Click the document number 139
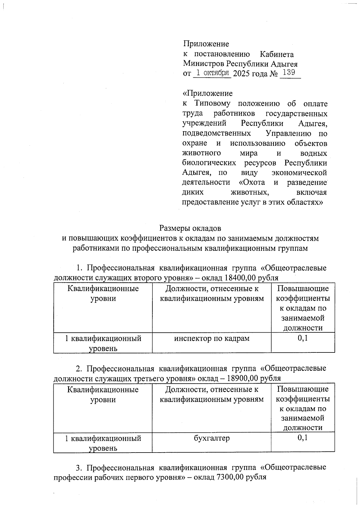pos(289,73)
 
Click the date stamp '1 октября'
pos(212,73)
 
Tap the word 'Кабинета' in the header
pos(277,54)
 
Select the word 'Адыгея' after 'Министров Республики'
pos(284,64)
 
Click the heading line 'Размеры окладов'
pos(190,228)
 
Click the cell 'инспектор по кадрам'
pos(212,338)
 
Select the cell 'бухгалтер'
pos(212,438)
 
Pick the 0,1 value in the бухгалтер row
pos(303,438)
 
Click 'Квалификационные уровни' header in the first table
pos(103,293)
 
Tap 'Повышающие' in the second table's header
pos(303,389)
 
